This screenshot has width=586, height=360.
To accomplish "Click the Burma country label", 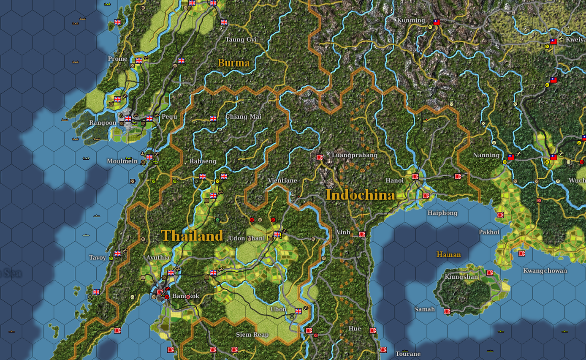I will click(x=233, y=63).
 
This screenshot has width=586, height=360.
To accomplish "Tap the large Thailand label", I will click(x=192, y=235).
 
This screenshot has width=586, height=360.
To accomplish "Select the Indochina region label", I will click(x=360, y=195).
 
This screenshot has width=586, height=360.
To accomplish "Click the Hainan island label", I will click(x=448, y=254).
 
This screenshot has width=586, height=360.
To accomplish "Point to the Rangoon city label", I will click(x=102, y=123).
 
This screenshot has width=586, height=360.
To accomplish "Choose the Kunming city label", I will click(x=411, y=20).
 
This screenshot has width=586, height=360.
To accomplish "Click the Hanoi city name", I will click(x=394, y=180).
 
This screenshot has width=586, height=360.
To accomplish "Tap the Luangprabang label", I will click(x=354, y=155).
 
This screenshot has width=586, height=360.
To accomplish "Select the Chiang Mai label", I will click(x=243, y=117).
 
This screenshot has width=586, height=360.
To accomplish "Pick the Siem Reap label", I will click(x=252, y=335).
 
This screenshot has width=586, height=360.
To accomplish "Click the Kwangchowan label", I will click(x=545, y=271).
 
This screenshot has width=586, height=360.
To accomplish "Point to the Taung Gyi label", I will click(x=241, y=40).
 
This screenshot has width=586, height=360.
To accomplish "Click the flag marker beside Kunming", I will click(x=437, y=22).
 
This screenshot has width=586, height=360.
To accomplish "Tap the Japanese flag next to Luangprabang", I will click(x=320, y=157).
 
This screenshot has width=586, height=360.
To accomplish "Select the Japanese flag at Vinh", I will click(x=362, y=234).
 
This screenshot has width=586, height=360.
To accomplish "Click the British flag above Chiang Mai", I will click(x=213, y=118).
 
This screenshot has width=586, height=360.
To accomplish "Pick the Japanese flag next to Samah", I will click(x=447, y=311).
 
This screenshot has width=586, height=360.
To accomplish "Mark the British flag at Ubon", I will click(x=298, y=311).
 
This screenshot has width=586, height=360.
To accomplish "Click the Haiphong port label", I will click(x=442, y=213).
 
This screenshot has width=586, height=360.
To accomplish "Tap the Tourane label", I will click(x=408, y=354).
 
